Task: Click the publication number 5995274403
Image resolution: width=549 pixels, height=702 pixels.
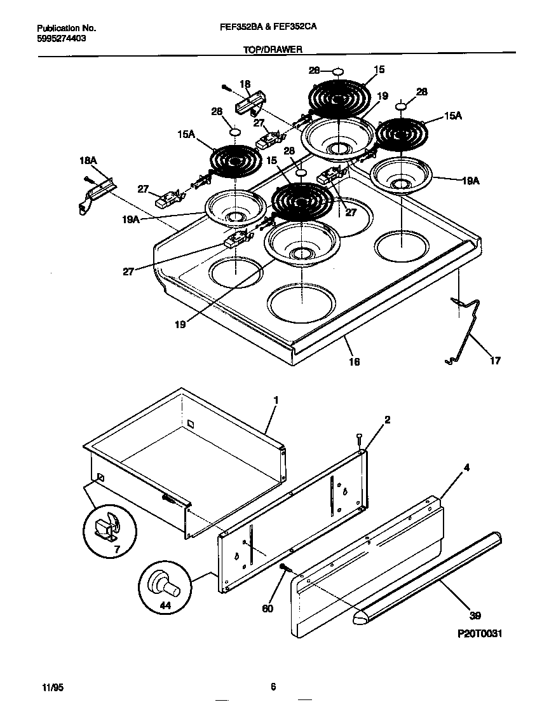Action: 62,38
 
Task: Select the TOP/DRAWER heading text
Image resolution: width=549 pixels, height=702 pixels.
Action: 273,49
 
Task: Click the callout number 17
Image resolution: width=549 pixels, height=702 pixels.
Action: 495,361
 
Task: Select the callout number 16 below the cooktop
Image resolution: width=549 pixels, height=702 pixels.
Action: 354,361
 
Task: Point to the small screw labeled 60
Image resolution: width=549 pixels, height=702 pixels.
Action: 283,567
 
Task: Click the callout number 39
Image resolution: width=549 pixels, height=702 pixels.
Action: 475,615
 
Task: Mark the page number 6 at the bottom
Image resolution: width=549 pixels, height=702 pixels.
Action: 273,687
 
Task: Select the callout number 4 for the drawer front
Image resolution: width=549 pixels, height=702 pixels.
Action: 466,468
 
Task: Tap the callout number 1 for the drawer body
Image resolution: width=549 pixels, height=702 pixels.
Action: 276,400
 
